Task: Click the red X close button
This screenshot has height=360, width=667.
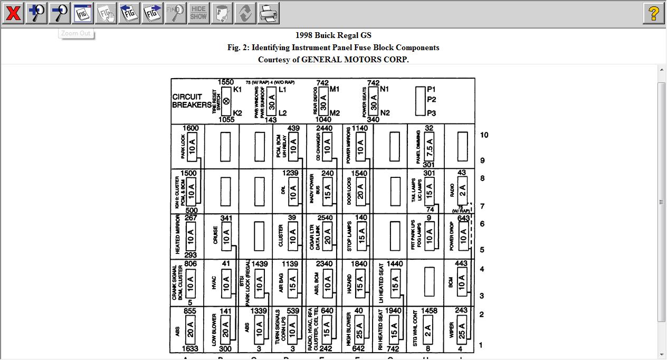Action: [13, 13]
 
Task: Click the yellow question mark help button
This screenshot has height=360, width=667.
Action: [654, 13]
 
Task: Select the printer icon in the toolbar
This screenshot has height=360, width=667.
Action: [269, 13]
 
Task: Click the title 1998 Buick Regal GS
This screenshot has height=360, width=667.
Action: [333, 35]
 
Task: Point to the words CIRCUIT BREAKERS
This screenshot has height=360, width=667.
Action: [191, 101]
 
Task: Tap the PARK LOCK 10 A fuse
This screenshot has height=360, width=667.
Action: [192, 146]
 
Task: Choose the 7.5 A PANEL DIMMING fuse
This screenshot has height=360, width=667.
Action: [429, 146]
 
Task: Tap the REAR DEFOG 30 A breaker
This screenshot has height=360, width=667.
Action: [323, 101]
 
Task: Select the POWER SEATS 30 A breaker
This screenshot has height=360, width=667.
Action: [374, 101]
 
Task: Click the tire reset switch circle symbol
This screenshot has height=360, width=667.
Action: [226, 101]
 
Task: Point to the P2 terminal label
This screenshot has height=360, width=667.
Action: [432, 100]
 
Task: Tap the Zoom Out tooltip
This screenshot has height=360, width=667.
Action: [76, 34]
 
